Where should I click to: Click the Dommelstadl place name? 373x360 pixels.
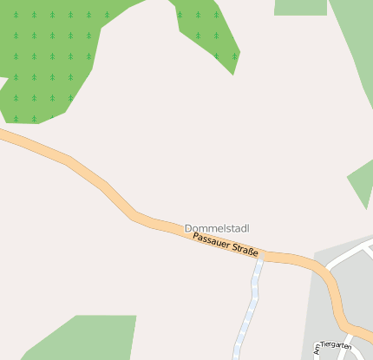tap(216, 228)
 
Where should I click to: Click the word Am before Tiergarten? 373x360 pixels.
tap(316, 350)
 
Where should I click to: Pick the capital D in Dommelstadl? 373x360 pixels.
tap(188, 228)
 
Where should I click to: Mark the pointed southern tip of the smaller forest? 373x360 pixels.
tap(232, 74)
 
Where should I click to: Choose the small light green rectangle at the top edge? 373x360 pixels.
tap(300, 7)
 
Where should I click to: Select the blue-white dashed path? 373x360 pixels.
tap(248, 308)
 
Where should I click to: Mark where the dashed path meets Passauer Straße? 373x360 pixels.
tap(259, 257)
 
